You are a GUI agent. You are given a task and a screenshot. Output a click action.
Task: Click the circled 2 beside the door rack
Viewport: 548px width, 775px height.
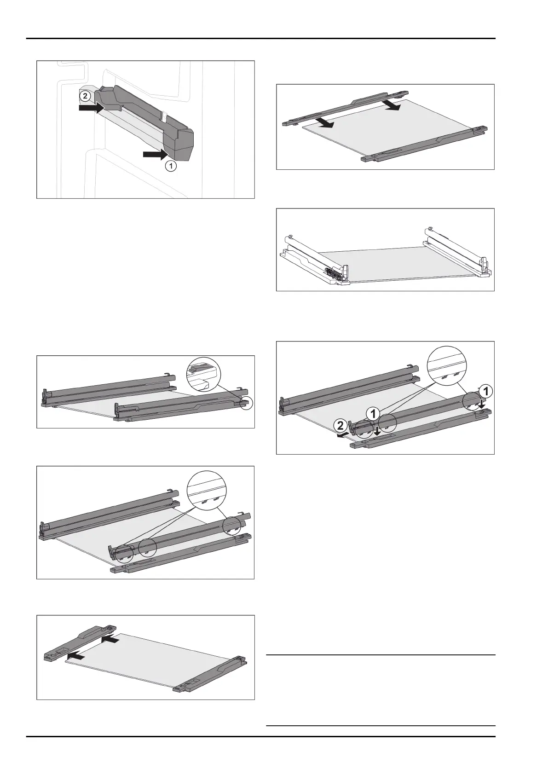(85, 96)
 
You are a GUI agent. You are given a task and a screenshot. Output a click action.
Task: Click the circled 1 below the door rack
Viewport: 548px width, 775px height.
(170, 167)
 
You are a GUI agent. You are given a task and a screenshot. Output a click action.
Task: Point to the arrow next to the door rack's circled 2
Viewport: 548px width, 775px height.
(92, 108)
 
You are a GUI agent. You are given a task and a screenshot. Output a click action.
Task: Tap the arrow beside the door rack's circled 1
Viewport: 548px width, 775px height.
(155, 154)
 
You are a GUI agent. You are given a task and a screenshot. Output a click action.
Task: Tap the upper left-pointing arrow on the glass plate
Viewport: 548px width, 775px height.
(110, 640)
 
